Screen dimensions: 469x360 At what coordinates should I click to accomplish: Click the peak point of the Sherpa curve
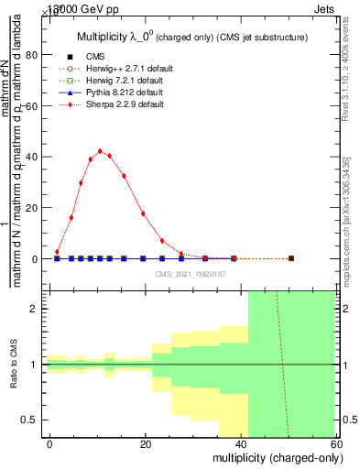click(100, 151)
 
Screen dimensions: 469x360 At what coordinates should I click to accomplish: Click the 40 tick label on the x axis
click(242, 444)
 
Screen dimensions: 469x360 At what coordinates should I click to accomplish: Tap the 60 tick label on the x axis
click(337, 444)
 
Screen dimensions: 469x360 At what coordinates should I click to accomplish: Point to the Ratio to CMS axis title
click(14, 365)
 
